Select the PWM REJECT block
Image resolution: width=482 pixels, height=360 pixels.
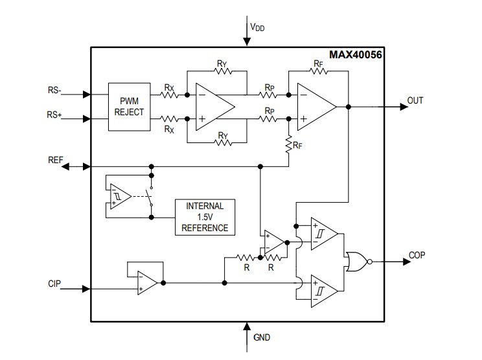(x=129, y=106)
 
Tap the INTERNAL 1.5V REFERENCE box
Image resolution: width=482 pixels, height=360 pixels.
(x=205, y=217)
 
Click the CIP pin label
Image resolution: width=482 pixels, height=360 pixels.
(x=54, y=284)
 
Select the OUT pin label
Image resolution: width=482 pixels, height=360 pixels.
(x=415, y=101)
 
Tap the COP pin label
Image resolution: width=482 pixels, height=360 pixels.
(x=417, y=254)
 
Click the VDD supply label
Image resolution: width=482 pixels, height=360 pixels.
(x=257, y=28)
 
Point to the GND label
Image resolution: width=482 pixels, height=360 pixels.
(x=262, y=337)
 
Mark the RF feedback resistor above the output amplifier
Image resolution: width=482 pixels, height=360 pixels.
(x=317, y=71)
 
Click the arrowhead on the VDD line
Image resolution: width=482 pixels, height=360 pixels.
(x=246, y=41)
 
